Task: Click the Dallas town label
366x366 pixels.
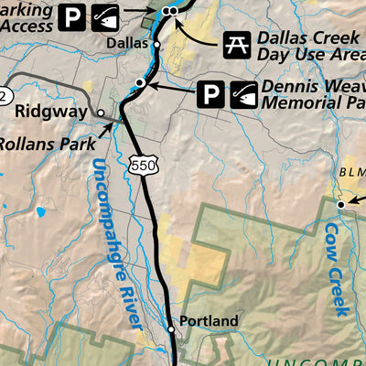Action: pos(126,43)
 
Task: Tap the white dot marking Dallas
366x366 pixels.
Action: pos(156,43)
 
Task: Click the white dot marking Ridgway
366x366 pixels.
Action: pos(102,113)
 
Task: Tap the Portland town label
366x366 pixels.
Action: pos(209,321)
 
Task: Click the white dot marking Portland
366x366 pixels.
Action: pos(171,328)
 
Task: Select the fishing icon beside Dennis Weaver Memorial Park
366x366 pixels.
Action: pos(242,94)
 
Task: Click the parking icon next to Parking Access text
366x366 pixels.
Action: pos(71,16)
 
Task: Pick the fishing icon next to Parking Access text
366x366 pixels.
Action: pos(103,16)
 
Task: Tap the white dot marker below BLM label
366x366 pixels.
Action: pos(339,204)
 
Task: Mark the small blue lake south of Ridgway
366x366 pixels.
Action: pos(40,212)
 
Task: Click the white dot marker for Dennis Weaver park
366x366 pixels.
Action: pos(140,83)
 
